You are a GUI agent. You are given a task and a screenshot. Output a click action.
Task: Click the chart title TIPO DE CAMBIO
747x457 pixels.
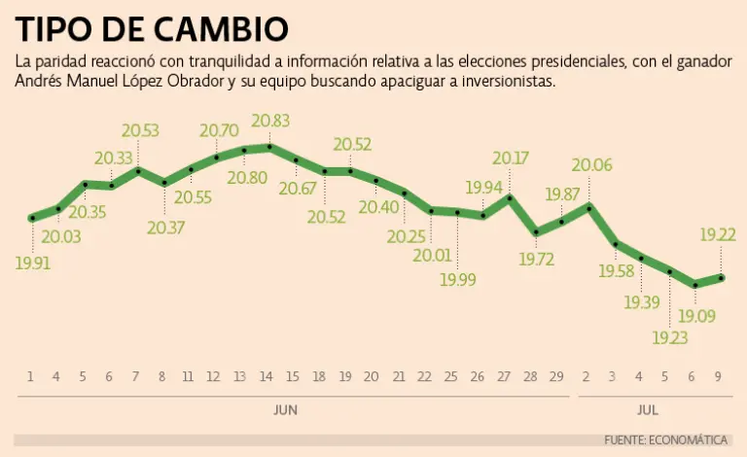click(152, 28)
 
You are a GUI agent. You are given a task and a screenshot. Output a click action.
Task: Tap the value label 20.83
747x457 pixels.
click(269, 120)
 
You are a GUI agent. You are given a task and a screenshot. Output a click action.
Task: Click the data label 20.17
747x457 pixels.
click(512, 158)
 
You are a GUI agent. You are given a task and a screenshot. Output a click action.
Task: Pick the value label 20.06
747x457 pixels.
click(591, 165)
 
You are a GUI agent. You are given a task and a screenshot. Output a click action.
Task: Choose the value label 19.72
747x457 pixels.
click(537, 260)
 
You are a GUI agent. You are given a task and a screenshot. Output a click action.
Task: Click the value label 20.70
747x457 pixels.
click(217, 129)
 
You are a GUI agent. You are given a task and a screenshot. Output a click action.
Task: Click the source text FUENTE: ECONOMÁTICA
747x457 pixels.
click(667, 440)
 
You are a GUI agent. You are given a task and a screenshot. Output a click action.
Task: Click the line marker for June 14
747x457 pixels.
click(269, 147)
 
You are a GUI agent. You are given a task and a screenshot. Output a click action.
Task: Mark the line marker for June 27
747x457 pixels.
click(510, 197)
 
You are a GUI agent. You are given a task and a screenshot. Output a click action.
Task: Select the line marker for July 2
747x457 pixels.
click(589, 206)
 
